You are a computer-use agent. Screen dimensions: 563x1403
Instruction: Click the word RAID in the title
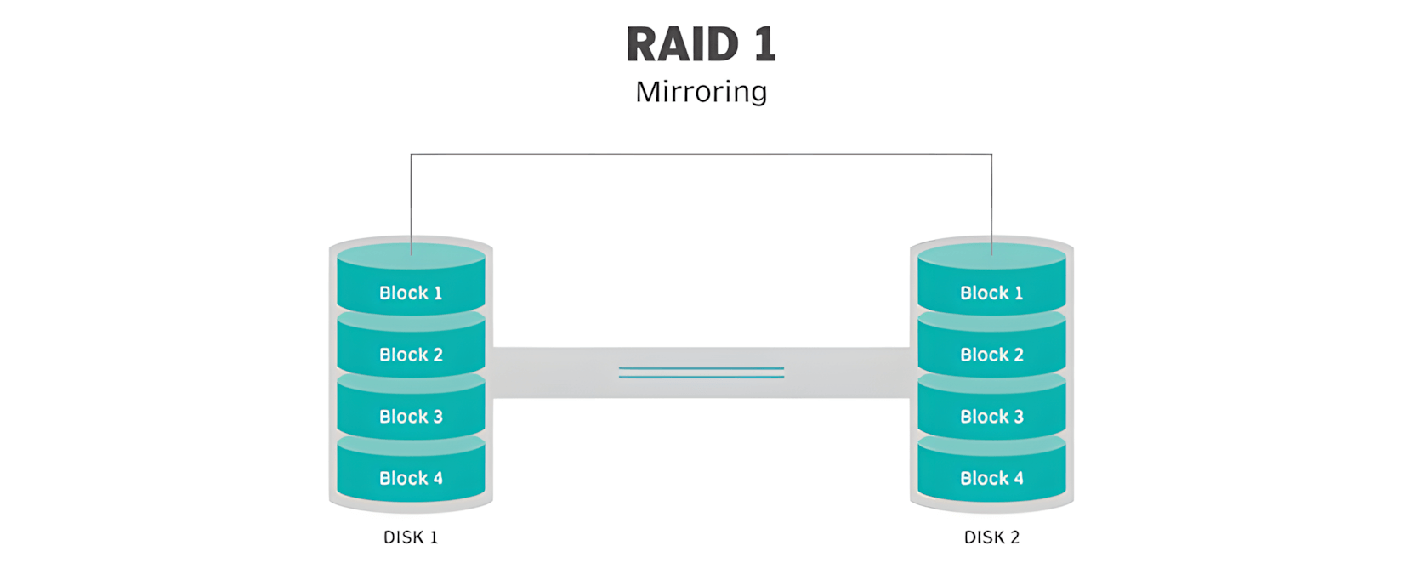[x=682, y=45]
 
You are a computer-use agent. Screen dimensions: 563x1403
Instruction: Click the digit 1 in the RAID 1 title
[x=764, y=45]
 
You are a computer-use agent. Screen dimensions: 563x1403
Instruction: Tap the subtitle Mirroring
[x=701, y=92]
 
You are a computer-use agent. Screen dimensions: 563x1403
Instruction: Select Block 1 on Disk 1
[x=411, y=293]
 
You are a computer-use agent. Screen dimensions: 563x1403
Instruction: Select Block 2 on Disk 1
[x=411, y=355]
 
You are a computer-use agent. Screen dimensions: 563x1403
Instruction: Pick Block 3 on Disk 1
[x=411, y=417]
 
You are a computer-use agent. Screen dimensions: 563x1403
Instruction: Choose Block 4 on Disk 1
[x=411, y=478]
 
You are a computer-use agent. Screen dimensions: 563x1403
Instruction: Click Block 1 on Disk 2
[x=991, y=293]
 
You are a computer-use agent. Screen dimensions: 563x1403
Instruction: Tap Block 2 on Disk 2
[x=991, y=355]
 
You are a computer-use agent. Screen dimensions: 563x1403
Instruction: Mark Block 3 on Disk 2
[x=991, y=417]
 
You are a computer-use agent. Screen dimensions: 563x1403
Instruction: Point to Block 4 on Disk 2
[x=991, y=478]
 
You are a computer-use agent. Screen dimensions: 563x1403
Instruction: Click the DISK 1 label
[x=411, y=537]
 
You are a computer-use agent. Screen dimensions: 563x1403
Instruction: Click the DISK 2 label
[x=991, y=537]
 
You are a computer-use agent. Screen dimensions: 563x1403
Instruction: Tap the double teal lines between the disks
[x=701, y=372]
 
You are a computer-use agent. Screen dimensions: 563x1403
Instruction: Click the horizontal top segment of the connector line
[x=701, y=154]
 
